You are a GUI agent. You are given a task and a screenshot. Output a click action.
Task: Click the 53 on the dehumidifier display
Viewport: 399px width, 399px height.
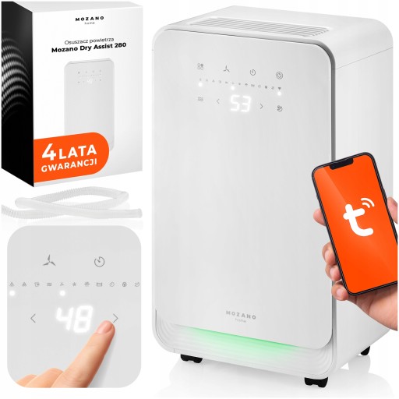(x=239, y=104)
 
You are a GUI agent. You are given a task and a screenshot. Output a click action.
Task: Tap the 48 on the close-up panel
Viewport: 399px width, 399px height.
(x=74, y=317)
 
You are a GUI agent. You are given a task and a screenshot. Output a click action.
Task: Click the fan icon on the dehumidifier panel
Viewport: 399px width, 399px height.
(x=225, y=69)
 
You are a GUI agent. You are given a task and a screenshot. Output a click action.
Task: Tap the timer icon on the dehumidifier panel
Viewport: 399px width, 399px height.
(x=252, y=73)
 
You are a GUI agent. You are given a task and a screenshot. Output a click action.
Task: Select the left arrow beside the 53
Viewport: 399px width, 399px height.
(x=217, y=101)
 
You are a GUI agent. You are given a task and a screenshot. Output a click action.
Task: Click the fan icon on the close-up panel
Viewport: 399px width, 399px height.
(x=51, y=260)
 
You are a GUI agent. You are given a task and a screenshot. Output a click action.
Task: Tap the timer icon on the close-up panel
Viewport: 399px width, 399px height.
(x=100, y=261)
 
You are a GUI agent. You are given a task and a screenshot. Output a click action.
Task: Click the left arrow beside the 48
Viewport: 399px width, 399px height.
(x=33, y=318)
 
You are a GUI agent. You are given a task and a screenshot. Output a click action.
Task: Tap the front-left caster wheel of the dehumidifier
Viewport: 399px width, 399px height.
(x=189, y=359)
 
